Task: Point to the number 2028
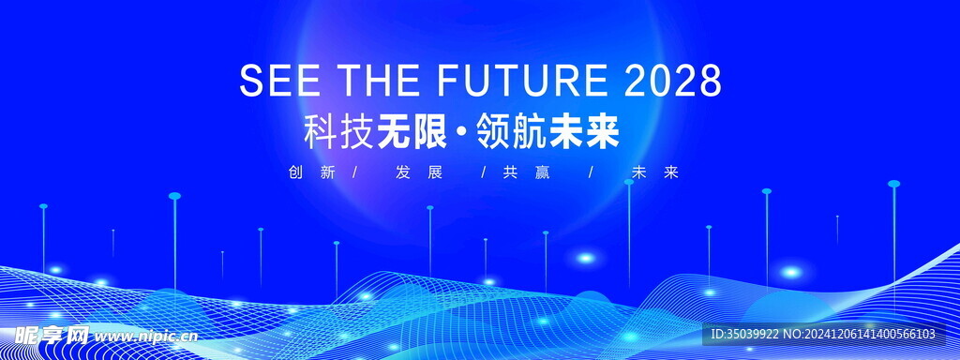(x=673, y=80)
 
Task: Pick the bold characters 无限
(x=412, y=132)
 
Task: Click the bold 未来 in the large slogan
(x=584, y=132)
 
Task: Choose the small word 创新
(x=311, y=172)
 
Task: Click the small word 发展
(x=419, y=172)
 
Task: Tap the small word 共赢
(x=527, y=172)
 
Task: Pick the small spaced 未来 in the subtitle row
(x=655, y=172)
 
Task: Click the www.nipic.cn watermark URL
(x=147, y=336)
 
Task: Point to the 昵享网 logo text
(x=52, y=335)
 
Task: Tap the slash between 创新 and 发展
(x=355, y=172)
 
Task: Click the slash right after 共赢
(x=591, y=172)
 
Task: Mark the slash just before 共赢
(x=484, y=172)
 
